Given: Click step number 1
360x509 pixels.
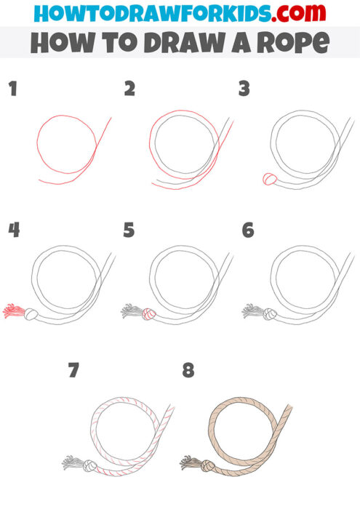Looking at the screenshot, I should (x=12, y=89).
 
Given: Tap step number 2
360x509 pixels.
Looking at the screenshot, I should (x=129, y=89).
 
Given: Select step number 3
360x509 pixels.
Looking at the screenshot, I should (x=244, y=89).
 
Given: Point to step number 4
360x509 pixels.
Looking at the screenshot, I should (x=13, y=231).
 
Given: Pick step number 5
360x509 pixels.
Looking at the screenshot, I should (x=129, y=231).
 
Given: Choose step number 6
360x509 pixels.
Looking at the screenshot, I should (x=247, y=231).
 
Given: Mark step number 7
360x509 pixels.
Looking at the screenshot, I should (x=73, y=371).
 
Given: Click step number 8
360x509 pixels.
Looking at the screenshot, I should (x=188, y=371).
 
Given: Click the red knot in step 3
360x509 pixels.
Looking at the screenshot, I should (x=268, y=179).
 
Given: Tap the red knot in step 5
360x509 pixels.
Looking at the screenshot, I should (x=148, y=314).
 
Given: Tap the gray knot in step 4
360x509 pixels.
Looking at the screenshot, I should (x=31, y=314).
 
